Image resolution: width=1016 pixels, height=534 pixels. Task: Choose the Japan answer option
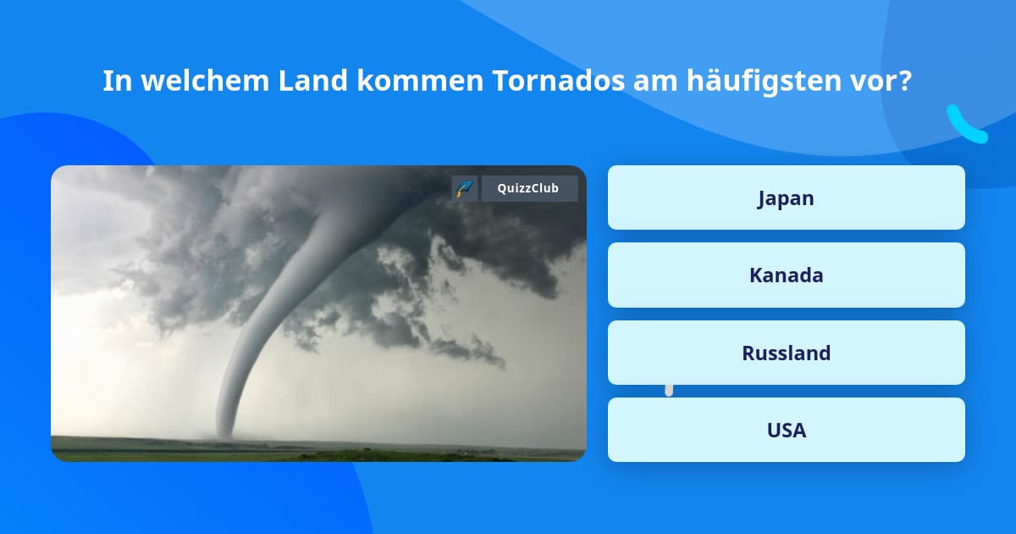(786, 198)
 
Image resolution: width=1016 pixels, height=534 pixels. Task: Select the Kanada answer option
(786, 275)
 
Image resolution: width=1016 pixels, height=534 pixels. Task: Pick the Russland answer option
(786, 353)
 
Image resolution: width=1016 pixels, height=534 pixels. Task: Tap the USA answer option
(786, 431)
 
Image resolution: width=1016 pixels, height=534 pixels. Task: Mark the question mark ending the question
(905, 81)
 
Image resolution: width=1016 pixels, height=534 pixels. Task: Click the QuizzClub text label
(529, 188)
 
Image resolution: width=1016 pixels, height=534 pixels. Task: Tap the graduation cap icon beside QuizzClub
(465, 188)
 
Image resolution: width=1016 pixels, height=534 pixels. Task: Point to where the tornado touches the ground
(225, 435)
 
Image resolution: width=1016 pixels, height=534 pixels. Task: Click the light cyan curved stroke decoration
(965, 125)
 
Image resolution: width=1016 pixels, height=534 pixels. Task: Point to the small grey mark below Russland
(669, 390)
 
